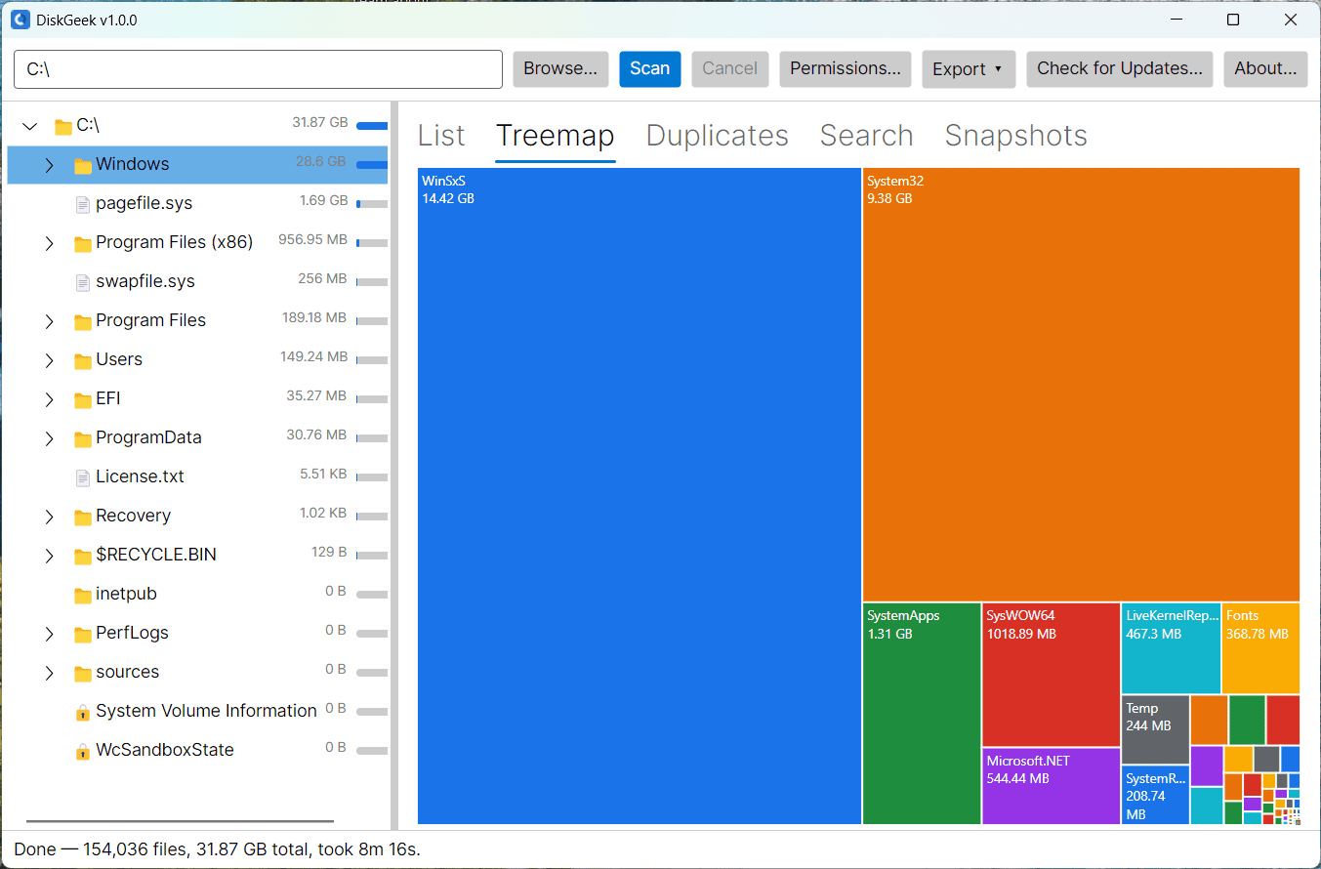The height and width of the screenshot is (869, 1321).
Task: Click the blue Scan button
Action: coord(649,69)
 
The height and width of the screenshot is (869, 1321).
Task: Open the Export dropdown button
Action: coord(968,69)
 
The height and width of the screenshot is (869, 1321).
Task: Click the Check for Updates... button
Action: coord(1119,69)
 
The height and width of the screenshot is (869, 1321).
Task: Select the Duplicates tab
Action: coord(717,136)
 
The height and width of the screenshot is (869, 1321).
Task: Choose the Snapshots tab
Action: coord(1015,136)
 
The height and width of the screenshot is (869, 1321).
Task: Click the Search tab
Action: coord(866,136)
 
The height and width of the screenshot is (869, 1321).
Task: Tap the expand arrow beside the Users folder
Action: coord(50,360)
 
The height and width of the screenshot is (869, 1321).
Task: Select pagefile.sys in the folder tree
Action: coord(144,203)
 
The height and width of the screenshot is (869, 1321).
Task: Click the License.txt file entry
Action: coord(140,476)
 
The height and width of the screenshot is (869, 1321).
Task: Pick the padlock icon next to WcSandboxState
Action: coord(83,751)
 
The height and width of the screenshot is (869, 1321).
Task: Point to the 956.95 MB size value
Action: coord(312,239)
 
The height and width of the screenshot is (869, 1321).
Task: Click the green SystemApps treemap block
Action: coord(921,713)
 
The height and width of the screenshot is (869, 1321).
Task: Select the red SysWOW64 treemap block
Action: coord(1051,675)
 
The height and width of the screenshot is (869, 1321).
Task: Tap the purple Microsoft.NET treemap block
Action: coord(1051,786)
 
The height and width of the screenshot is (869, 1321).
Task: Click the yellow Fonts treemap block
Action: coord(1260,647)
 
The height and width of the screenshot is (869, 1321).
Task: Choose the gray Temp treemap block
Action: coord(1155,729)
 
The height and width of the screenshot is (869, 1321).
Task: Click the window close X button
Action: coord(1291,20)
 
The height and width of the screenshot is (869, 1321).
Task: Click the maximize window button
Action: coord(1232,20)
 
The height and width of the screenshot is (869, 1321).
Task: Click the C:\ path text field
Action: coord(259,69)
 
